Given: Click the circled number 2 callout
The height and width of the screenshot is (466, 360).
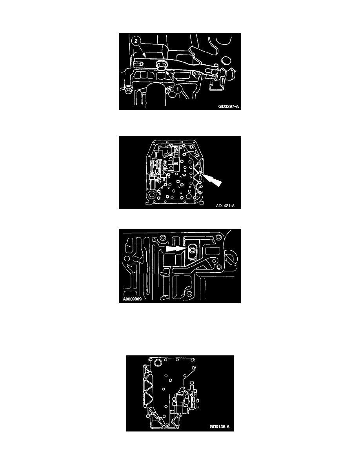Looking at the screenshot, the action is coord(136,41).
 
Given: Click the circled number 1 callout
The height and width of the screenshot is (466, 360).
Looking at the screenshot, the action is coord(177,89).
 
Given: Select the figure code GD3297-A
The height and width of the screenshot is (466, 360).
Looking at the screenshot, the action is coord(228,106).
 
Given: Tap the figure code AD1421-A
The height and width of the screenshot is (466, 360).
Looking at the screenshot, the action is coord(225,206).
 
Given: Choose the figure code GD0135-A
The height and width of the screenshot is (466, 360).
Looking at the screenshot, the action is coord(220,427).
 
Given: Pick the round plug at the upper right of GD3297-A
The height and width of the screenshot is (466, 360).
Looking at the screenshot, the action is coord(226,61).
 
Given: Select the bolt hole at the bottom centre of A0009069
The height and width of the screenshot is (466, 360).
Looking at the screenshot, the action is coord(188,294).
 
